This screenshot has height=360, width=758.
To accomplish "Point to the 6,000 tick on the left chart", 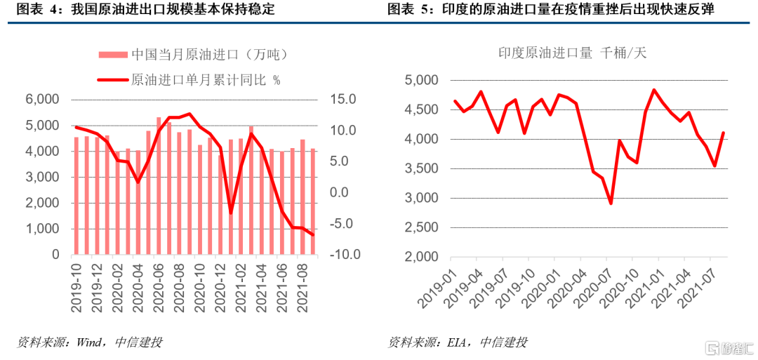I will (44, 100).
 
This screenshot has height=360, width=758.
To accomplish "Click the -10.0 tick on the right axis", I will (343, 255).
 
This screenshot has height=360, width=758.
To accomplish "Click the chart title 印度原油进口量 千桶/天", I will (572, 53).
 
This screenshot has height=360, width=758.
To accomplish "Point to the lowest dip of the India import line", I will (611, 203).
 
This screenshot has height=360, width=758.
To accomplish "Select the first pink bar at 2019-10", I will (77, 196).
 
